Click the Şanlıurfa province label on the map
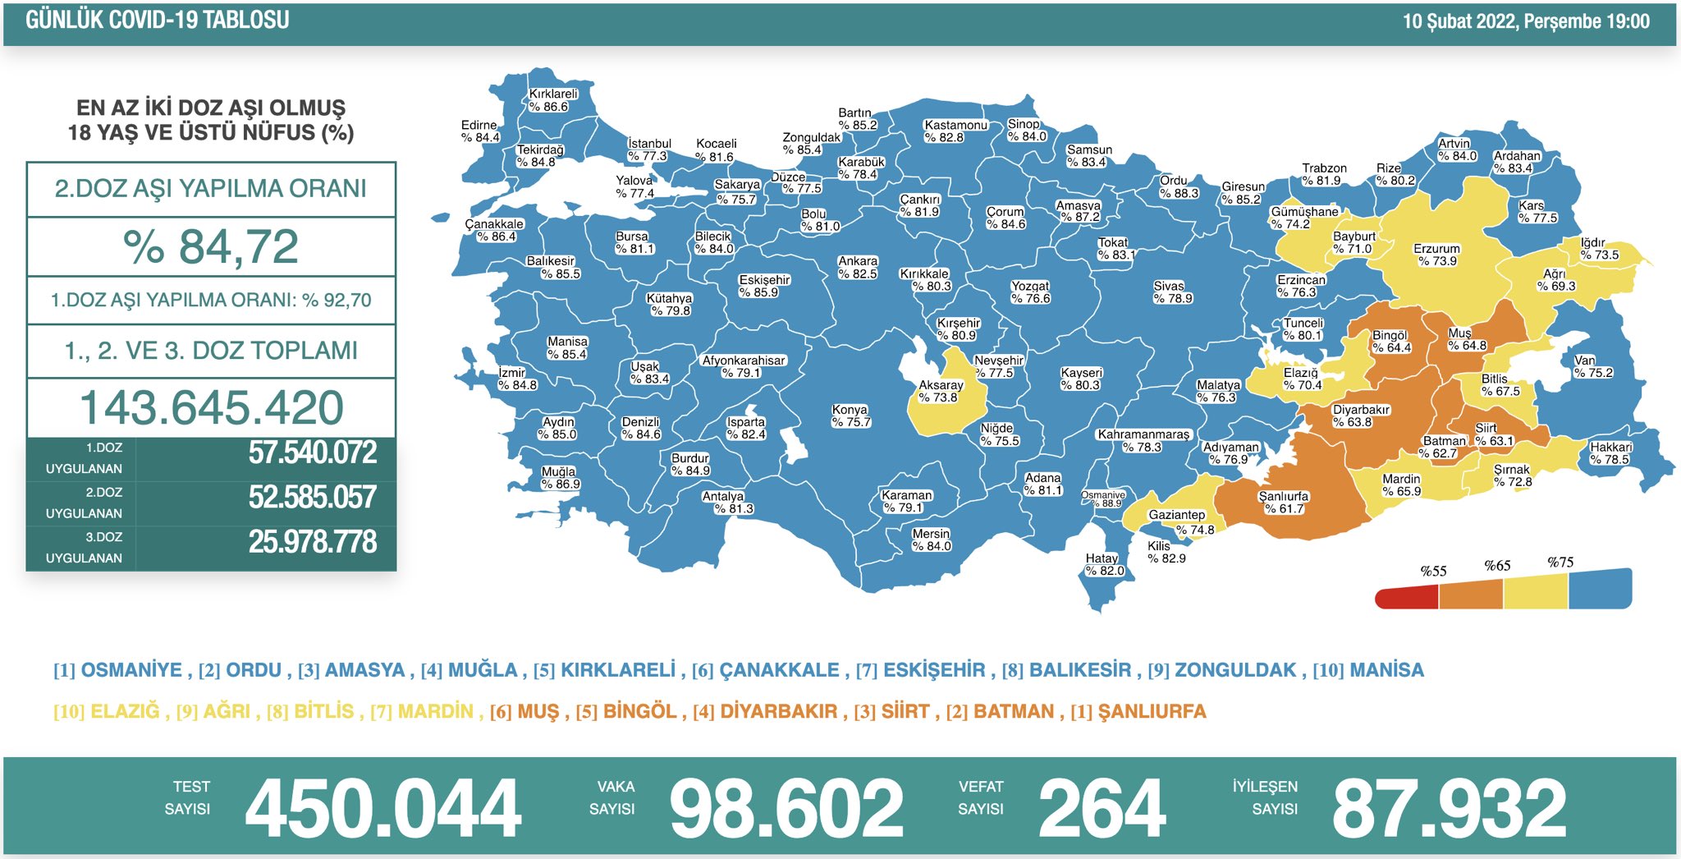1284,503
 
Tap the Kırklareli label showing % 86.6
552,100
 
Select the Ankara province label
858,267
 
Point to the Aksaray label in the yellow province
941,391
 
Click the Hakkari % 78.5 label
1610,453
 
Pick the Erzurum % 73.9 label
1436,255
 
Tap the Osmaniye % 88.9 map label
1103,499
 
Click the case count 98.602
786,809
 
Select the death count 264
1102,809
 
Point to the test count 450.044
382,809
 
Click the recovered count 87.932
1449,809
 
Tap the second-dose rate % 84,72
211,246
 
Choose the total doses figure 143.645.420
211,408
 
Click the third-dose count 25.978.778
312,542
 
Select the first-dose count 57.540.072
312,452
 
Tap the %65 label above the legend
1497,566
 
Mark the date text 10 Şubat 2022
1459,21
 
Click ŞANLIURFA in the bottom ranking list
1152,711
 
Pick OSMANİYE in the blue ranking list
131,670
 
